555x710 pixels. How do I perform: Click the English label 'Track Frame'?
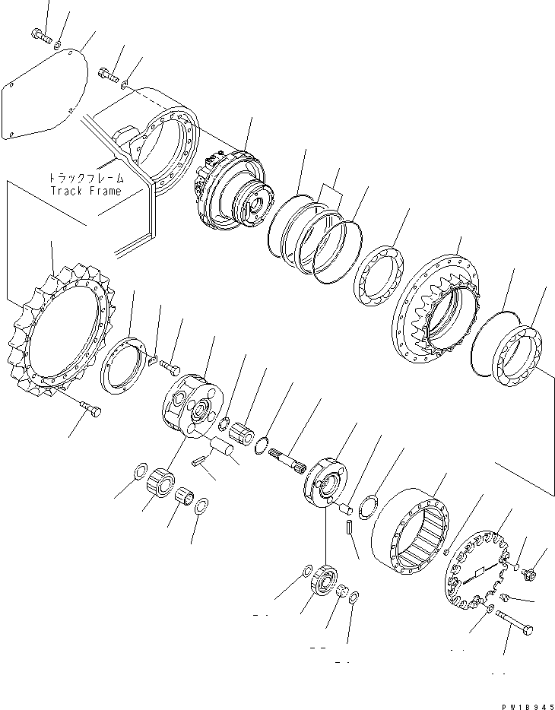click(x=85, y=191)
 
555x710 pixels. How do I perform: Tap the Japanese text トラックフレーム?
click(x=85, y=178)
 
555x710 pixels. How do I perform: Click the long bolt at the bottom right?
click(x=515, y=623)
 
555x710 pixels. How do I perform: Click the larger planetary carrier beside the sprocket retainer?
click(x=193, y=404)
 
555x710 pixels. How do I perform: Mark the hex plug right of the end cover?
click(x=531, y=572)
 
